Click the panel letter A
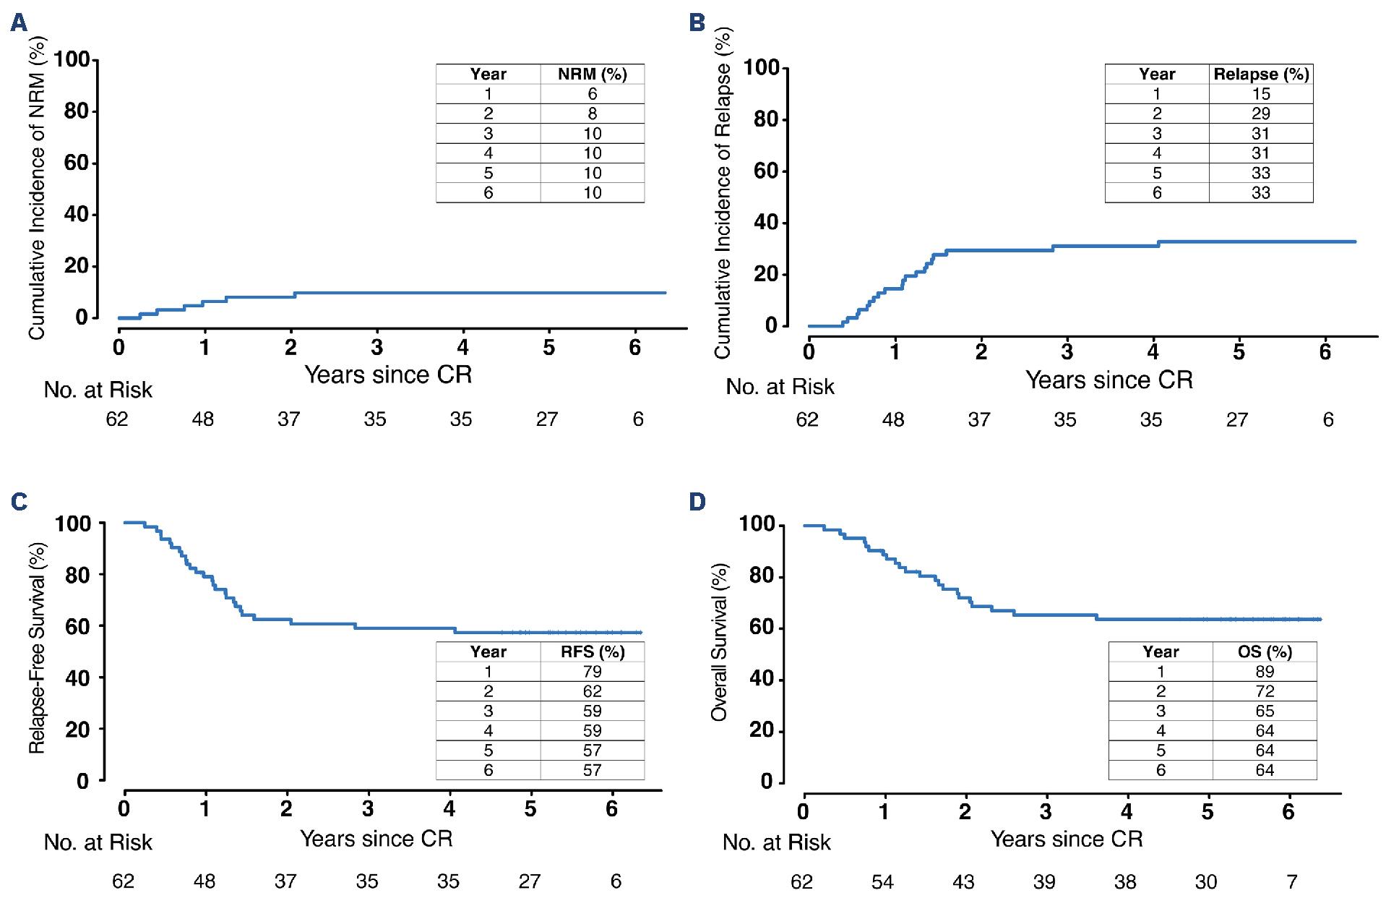tap(19, 22)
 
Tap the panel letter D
tap(697, 501)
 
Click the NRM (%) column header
tap(592, 74)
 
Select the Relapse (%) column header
tap(1261, 74)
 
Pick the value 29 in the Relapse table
tap(1261, 114)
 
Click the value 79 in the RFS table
tap(592, 671)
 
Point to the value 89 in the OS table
tap(1264, 671)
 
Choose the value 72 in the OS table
tap(1264, 691)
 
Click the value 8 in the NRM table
tap(592, 114)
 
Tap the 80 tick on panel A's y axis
tap(77, 111)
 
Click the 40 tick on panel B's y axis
tap(766, 222)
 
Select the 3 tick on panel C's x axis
tap(368, 808)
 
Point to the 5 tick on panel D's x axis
tap(1208, 811)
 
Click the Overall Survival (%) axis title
tap(719, 642)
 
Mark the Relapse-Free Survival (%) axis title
tap(37, 648)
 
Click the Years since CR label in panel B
tap(1109, 380)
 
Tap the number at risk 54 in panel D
tap(882, 881)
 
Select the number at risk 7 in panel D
tap(1291, 881)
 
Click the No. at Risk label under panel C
tap(98, 842)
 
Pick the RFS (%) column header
tap(592, 651)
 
